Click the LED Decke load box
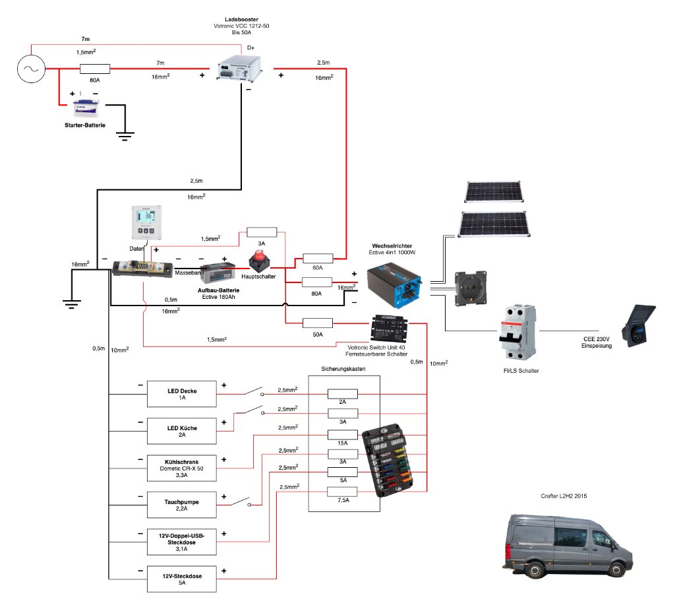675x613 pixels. tap(181, 395)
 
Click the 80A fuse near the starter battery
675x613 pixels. tap(95, 68)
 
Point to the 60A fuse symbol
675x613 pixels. tap(317, 257)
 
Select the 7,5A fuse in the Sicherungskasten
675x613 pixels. tap(343, 491)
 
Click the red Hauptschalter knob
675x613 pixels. tap(258, 260)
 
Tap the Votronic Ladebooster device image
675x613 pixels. tap(239, 69)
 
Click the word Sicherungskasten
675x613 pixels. tap(343, 368)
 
